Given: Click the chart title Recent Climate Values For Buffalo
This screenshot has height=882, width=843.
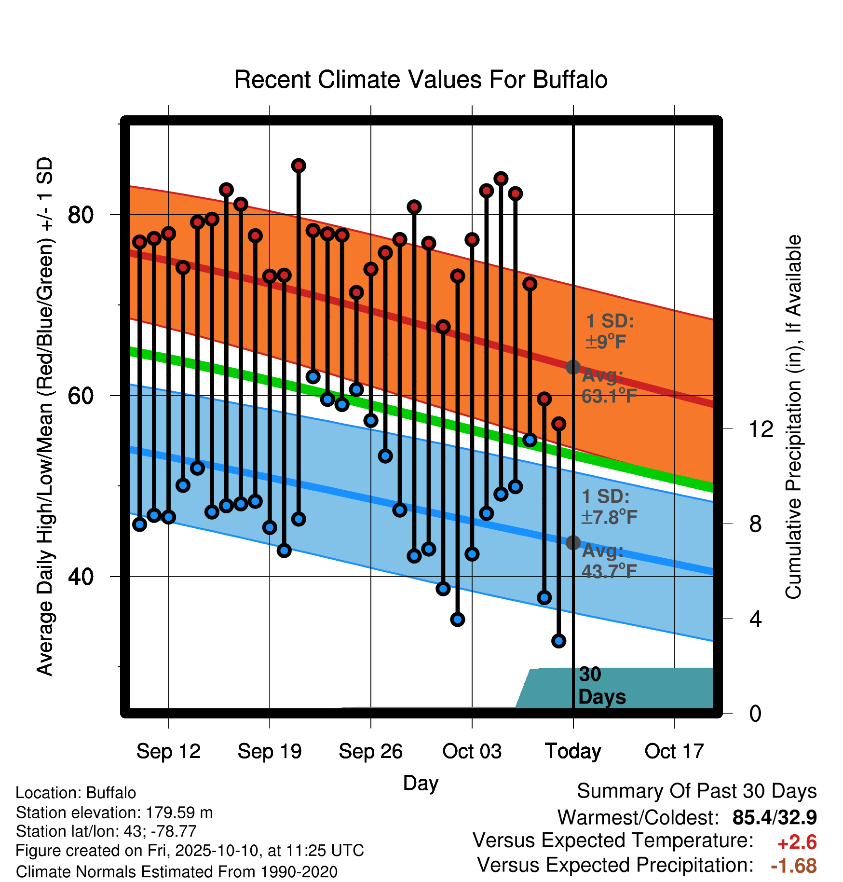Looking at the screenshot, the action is (421, 80).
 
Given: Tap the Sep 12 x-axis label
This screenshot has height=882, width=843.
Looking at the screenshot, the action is (168, 751).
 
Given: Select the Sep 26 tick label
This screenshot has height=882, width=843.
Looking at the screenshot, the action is (370, 751).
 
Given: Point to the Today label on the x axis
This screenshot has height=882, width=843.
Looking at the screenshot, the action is (573, 751).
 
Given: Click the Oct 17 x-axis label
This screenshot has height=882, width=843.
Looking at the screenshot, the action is (674, 751).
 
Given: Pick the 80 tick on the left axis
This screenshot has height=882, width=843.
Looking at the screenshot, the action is (81, 214).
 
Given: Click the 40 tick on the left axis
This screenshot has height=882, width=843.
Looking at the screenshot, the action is (81, 576).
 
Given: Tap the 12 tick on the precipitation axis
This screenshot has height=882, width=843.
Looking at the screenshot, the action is (761, 428).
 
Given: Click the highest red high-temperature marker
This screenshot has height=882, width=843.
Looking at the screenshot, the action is (299, 165).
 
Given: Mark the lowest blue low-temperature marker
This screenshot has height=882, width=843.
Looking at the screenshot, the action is (558, 641).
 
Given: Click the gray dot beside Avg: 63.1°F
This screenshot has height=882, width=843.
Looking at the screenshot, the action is (573, 367).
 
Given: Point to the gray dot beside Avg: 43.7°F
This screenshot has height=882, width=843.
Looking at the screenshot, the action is (573, 543).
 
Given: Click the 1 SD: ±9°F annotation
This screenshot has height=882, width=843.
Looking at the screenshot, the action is (610, 331).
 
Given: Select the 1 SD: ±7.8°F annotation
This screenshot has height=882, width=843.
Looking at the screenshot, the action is (609, 507).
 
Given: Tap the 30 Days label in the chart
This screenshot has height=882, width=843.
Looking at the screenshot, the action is (602, 686).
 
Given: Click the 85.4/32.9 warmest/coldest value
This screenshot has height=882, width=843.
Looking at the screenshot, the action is (775, 817).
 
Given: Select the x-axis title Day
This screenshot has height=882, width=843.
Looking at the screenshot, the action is (421, 784).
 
